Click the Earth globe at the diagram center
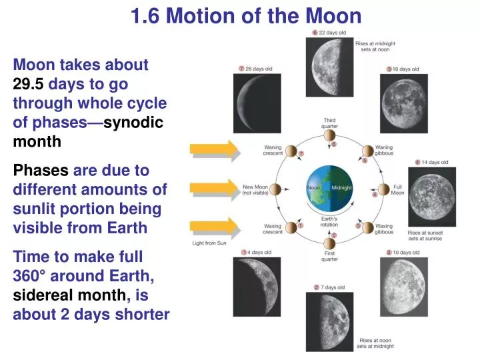[x=329, y=189]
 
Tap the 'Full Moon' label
[x=397, y=190]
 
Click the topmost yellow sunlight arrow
[x=214, y=150]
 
